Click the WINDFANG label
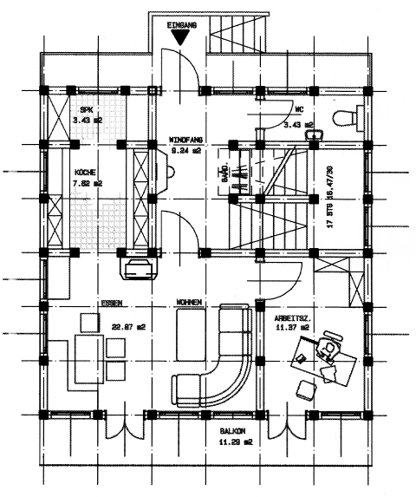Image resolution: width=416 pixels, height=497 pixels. (x=185, y=139)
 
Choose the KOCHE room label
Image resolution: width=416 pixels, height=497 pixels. (x=85, y=172)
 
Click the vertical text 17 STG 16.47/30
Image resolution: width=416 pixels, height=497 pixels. (x=328, y=196)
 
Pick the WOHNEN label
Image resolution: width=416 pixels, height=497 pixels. (x=190, y=303)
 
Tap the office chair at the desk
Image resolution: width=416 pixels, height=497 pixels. (x=328, y=350)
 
